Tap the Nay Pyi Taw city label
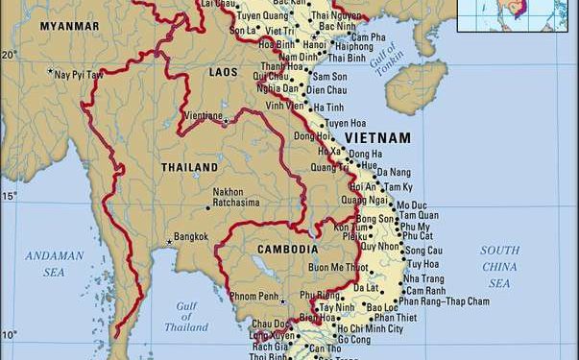tap(81, 73)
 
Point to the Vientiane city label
tap(203, 115)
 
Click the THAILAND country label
tap(189, 167)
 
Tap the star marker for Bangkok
tap(170, 241)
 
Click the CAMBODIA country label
tap(287, 249)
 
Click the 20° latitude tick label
tap(9, 55)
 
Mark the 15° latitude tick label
tap(9, 196)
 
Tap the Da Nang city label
tap(392, 172)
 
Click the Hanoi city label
tap(314, 44)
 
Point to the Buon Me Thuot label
tap(338, 266)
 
